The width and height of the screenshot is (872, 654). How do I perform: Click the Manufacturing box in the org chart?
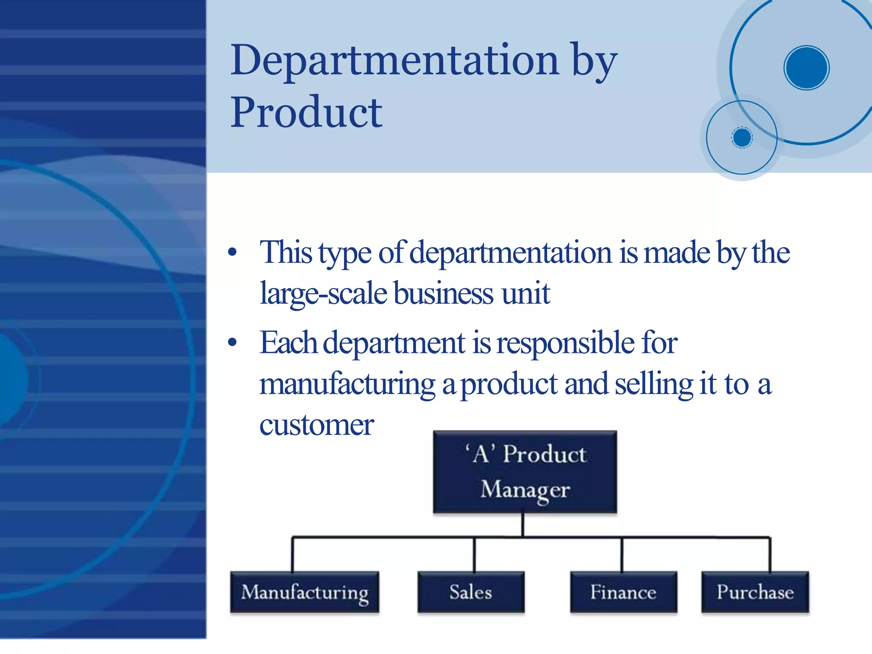(x=304, y=592)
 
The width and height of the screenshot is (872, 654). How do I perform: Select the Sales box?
(x=471, y=592)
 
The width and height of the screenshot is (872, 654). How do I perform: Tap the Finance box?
(x=623, y=592)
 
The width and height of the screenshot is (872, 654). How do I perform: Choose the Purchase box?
(x=755, y=592)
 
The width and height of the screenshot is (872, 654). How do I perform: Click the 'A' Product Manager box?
(x=525, y=472)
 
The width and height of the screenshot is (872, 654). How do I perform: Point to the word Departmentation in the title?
(x=394, y=61)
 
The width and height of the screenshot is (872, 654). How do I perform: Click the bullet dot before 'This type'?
(x=232, y=252)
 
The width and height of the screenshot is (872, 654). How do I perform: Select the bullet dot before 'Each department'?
(x=232, y=343)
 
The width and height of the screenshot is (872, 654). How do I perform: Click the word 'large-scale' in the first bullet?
(x=323, y=294)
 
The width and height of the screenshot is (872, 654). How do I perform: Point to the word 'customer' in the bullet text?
(x=316, y=425)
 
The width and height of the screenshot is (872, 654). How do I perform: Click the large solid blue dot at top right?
(x=806, y=68)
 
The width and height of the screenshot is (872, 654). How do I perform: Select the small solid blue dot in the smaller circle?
(x=742, y=138)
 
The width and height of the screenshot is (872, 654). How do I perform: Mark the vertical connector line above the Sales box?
(x=474, y=554)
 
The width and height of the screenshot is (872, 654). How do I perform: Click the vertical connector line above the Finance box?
(x=622, y=554)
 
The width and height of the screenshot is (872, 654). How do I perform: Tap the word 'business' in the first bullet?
(x=443, y=294)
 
